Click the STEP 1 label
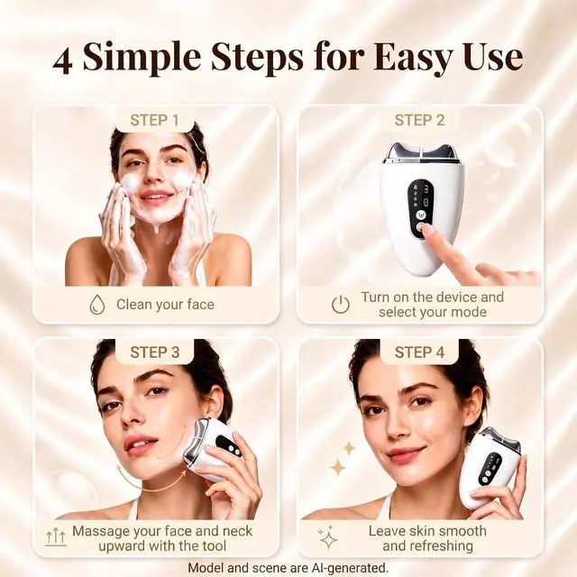[154, 120]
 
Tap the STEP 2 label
[419, 120]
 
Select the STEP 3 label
[154, 353]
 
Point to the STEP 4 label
[419, 353]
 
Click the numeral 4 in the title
[62, 60]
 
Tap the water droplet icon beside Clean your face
[97, 305]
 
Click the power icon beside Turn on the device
[341, 305]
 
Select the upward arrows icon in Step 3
[56, 538]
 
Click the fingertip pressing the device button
[426, 231]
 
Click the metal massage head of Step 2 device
[423, 151]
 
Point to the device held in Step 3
[213, 450]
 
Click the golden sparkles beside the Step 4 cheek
[343, 459]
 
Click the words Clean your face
[165, 305]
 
